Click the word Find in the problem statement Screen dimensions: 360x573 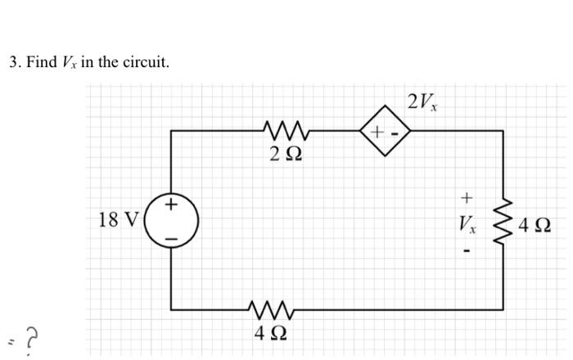pos(41,62)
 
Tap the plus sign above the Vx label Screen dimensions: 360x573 pos(467,197)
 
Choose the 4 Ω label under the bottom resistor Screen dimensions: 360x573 pos(270,333)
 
